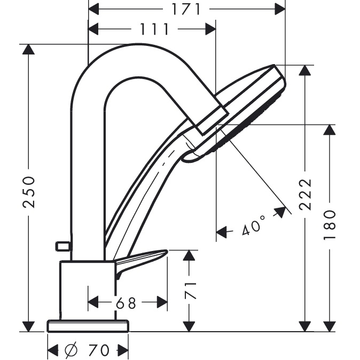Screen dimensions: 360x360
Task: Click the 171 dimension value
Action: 186,9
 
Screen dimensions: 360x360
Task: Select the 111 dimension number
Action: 154,29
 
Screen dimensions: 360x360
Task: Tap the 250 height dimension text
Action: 29,192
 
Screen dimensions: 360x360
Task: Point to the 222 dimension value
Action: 306,194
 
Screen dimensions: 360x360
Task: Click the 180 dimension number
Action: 330,224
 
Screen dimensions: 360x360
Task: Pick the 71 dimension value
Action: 191,291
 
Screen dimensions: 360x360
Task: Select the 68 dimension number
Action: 126,303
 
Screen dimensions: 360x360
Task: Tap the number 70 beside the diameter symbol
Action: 99,350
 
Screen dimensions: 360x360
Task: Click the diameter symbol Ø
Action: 71,350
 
